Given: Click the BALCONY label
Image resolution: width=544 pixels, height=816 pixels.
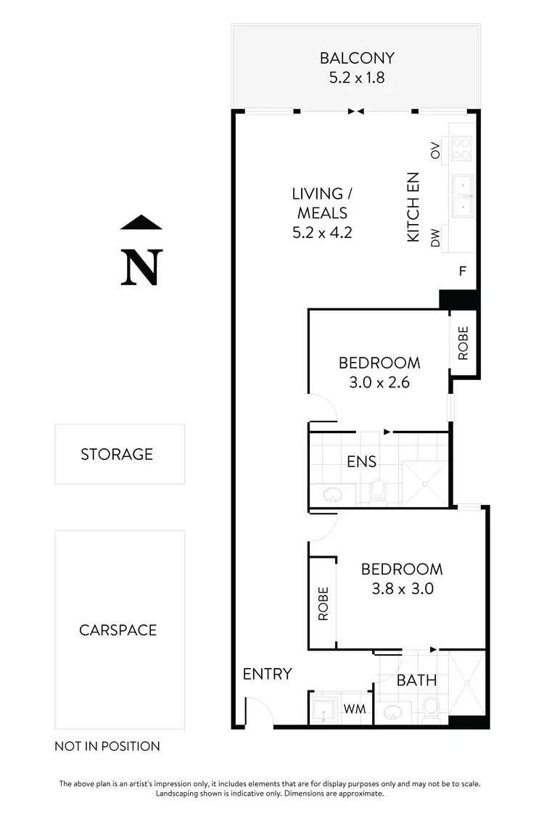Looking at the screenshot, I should pyautogui.click(x=357, y=58).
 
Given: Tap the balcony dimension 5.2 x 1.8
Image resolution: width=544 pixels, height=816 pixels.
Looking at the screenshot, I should pyautogui.click(x=357, y=77).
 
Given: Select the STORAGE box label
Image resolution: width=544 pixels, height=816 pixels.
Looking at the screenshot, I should pyautogui.click(x=117, y=454).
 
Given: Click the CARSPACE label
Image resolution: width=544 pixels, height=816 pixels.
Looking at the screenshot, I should pyautogui.click(x=118, y=630).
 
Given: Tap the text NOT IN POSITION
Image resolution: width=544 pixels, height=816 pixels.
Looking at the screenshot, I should pyautogui.click(x=107, y=746).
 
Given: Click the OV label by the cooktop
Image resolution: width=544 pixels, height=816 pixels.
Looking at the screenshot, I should pyautogui.click(x=436, y=151).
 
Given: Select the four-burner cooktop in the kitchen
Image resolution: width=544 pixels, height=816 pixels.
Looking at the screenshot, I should pyautogui.click(x=461, y=149).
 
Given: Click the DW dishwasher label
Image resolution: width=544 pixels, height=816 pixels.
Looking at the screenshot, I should pyautogui.click(x=436, y=239).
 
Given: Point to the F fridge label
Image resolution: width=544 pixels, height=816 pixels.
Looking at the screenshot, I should pyautogui.click(x=462, y=272).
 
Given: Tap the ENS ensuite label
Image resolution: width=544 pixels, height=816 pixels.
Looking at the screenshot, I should pyautogui.click(x=361, y=461).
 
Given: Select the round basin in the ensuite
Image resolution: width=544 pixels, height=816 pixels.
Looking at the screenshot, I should pyautogui.click(x=333, y=495).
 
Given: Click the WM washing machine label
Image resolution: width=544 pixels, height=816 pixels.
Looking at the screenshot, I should pyautogui.click(x=353, y=708).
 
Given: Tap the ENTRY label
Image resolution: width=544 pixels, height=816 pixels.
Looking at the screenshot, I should pyautogui.click(x=267, y=674).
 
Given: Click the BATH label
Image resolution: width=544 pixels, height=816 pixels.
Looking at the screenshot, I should pyautogui.click(x=417, y=680).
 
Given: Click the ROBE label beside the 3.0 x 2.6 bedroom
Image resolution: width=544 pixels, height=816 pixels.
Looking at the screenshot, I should pyautogui.click(x=463, y=343).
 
